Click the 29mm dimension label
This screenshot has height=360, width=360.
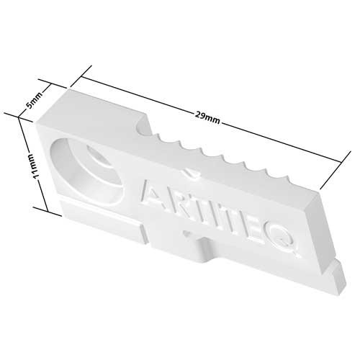coord(208,116)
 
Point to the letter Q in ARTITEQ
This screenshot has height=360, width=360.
coord(288,241)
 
